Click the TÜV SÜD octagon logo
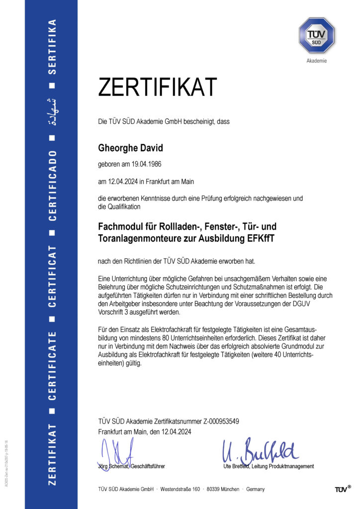pos(317,35)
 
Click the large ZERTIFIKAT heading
pos(157,87)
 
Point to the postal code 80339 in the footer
pos(215,490)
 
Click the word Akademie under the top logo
pos(317,61)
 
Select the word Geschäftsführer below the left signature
pos(148,466)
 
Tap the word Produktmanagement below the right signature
pos(291,466)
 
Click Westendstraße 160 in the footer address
pos(180,490)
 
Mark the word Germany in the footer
pos(255,490)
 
